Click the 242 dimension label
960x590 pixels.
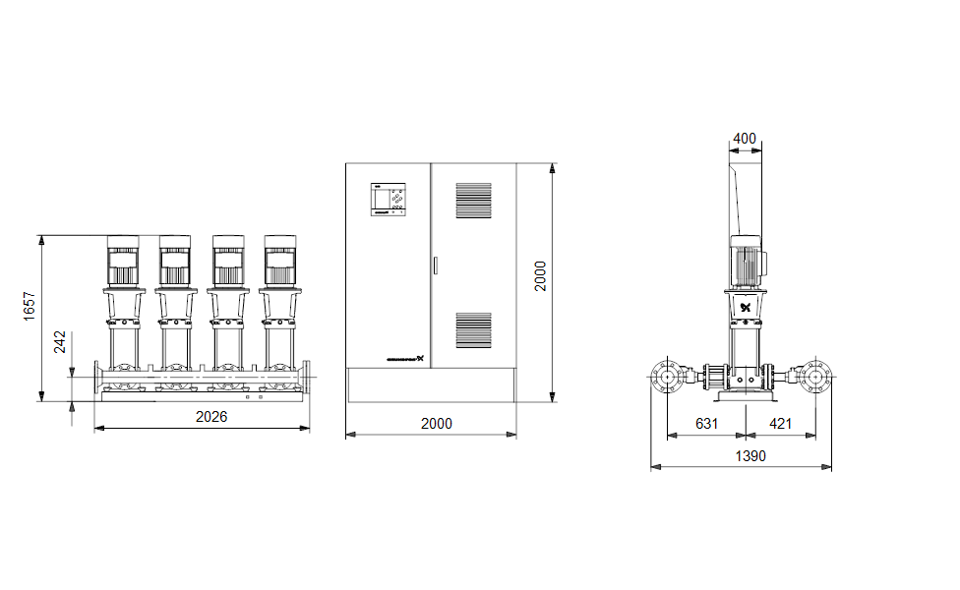61,341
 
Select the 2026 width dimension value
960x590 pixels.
210,417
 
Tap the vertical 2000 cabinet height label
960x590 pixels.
540,275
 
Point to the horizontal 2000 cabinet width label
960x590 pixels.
437,424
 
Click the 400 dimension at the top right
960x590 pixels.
746,139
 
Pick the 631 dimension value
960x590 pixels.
706,424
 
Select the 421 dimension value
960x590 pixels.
780,424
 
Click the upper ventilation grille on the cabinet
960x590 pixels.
473,200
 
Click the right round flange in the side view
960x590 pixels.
815,376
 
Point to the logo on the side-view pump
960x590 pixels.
746,307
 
